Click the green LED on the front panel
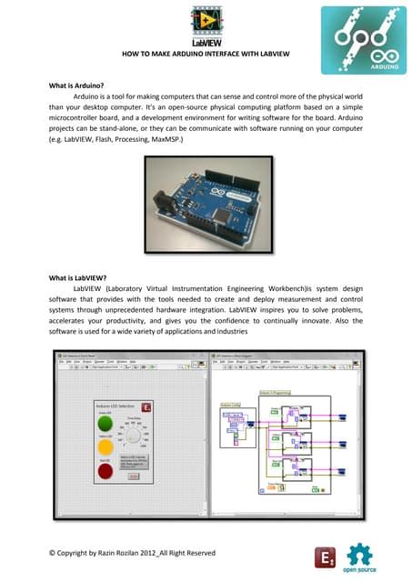pyautogui.click(x=106, y=424)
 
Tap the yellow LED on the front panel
pyautogui.click(x=106, y=447)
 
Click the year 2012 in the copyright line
pyautogui.click(x=136, y=552)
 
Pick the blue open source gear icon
pyautogui.click(x=360, y=554)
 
